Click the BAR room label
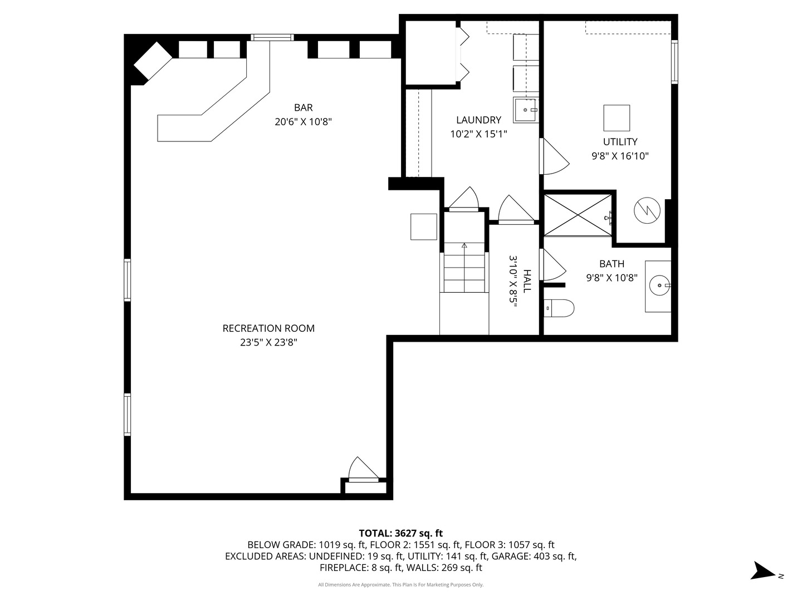click(x=304, y=107)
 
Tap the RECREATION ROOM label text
click(x=268, y=328)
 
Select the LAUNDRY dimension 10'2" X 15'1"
click(x=478, y=134)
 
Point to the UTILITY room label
click(x=620, y=142)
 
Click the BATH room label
click(x=612, y=264)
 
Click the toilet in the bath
click(x=559, y=308)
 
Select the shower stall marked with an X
click(x=578, y=215)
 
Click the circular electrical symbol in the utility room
click(x=647, y=211)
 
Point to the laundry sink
click(x=526, y=110)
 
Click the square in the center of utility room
click(x=617, y=118)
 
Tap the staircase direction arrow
click(x=464, y=245)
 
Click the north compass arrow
click(x=762, y=571)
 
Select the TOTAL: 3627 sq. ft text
click(x=400, y=533)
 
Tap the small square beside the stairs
click(x=423, y=226)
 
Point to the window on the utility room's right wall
click(x=674, y=61)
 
